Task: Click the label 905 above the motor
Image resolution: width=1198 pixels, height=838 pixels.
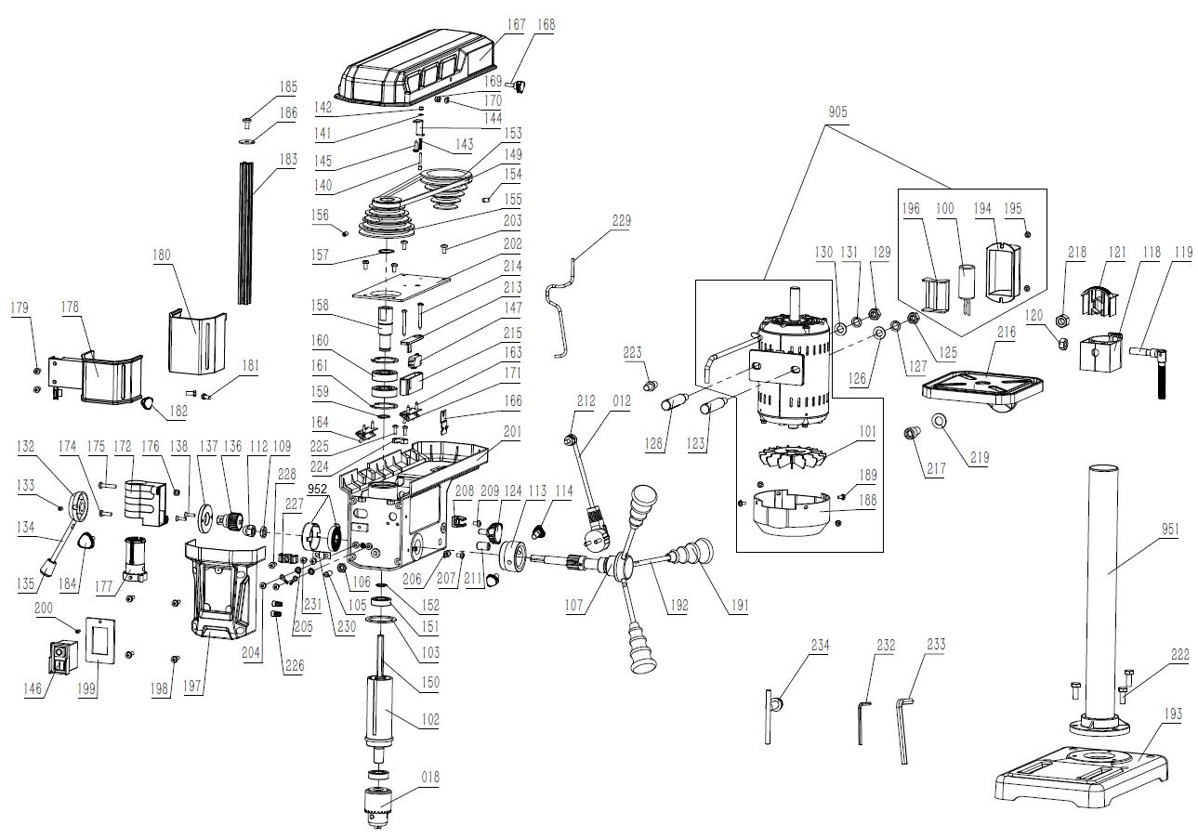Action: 838,111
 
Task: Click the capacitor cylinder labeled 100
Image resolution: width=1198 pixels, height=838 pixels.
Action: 968,282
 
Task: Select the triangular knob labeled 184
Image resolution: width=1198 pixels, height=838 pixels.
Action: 86,543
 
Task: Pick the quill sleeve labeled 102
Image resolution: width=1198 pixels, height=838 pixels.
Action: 380,710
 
